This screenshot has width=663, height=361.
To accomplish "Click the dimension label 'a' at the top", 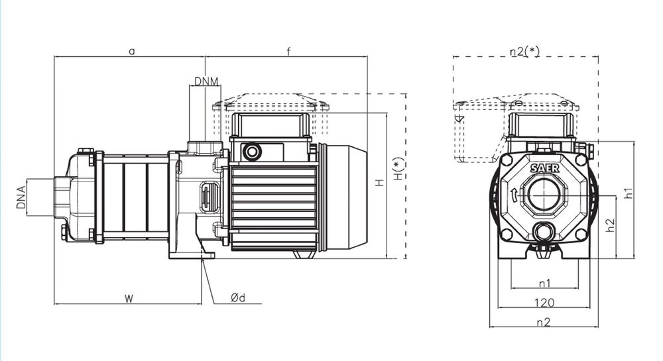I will tap(131, 50).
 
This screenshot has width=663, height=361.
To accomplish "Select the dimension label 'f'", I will tap(289, 50).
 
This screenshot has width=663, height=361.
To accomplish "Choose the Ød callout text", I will tap(238, 298).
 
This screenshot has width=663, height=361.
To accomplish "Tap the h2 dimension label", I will tap(611, 226).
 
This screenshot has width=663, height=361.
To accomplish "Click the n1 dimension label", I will tap(544, 284).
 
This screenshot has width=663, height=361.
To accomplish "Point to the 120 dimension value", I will tap(544, 303).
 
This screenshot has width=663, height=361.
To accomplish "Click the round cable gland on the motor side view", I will tap(252, 152).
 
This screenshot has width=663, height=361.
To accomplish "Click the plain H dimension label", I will tap(379, 183).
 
